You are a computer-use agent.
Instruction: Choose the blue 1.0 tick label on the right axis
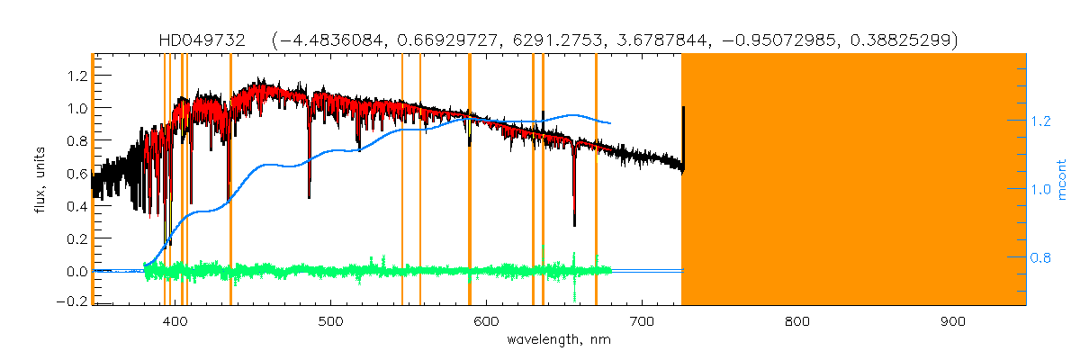point(1043,189)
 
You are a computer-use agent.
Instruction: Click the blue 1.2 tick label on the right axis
point(1043,121)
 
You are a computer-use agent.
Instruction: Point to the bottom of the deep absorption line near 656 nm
point(574,224)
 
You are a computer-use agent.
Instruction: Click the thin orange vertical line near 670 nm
point(596,180)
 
